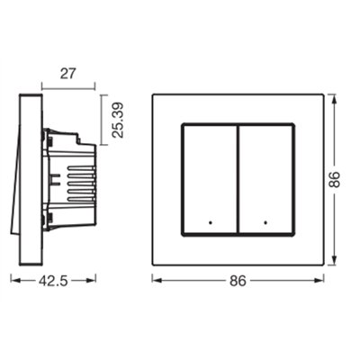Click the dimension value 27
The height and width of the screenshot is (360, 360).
[x=65, y=75]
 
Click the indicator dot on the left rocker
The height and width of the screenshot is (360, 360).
[x=209, y=220]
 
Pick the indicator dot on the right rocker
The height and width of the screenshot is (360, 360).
[x=265, y=220]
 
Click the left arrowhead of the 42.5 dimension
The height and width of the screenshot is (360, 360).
[x=13, y=280]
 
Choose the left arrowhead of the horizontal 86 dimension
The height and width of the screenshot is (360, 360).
[x=155, y=280]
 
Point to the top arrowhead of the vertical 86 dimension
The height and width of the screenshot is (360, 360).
[x=333, y=95]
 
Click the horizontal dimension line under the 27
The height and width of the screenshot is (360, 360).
[x=65, y=88]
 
